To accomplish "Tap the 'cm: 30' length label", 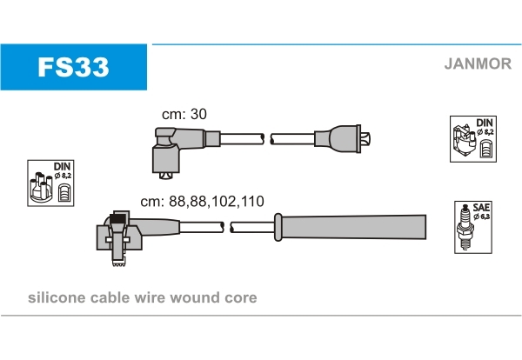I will tap(184, 114).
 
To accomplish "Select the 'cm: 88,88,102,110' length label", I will tap(202, 201).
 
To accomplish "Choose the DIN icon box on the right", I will tap(473, 138).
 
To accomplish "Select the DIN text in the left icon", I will tap(63, 165).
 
